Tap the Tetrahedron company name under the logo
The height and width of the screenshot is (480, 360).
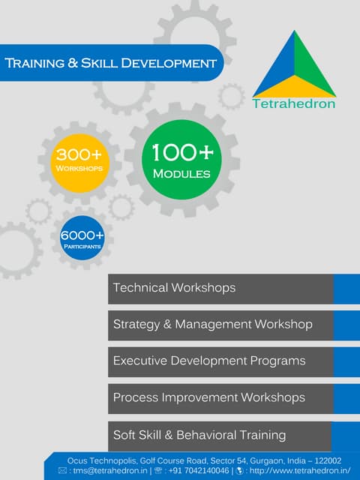295,103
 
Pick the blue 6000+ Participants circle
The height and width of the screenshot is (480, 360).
82,238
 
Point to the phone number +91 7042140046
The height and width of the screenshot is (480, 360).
199,470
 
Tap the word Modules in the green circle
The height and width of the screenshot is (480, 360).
181,174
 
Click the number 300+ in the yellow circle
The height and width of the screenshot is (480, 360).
79,154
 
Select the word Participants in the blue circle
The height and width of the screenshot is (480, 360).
82,245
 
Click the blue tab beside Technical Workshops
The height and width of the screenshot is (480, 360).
346,288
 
